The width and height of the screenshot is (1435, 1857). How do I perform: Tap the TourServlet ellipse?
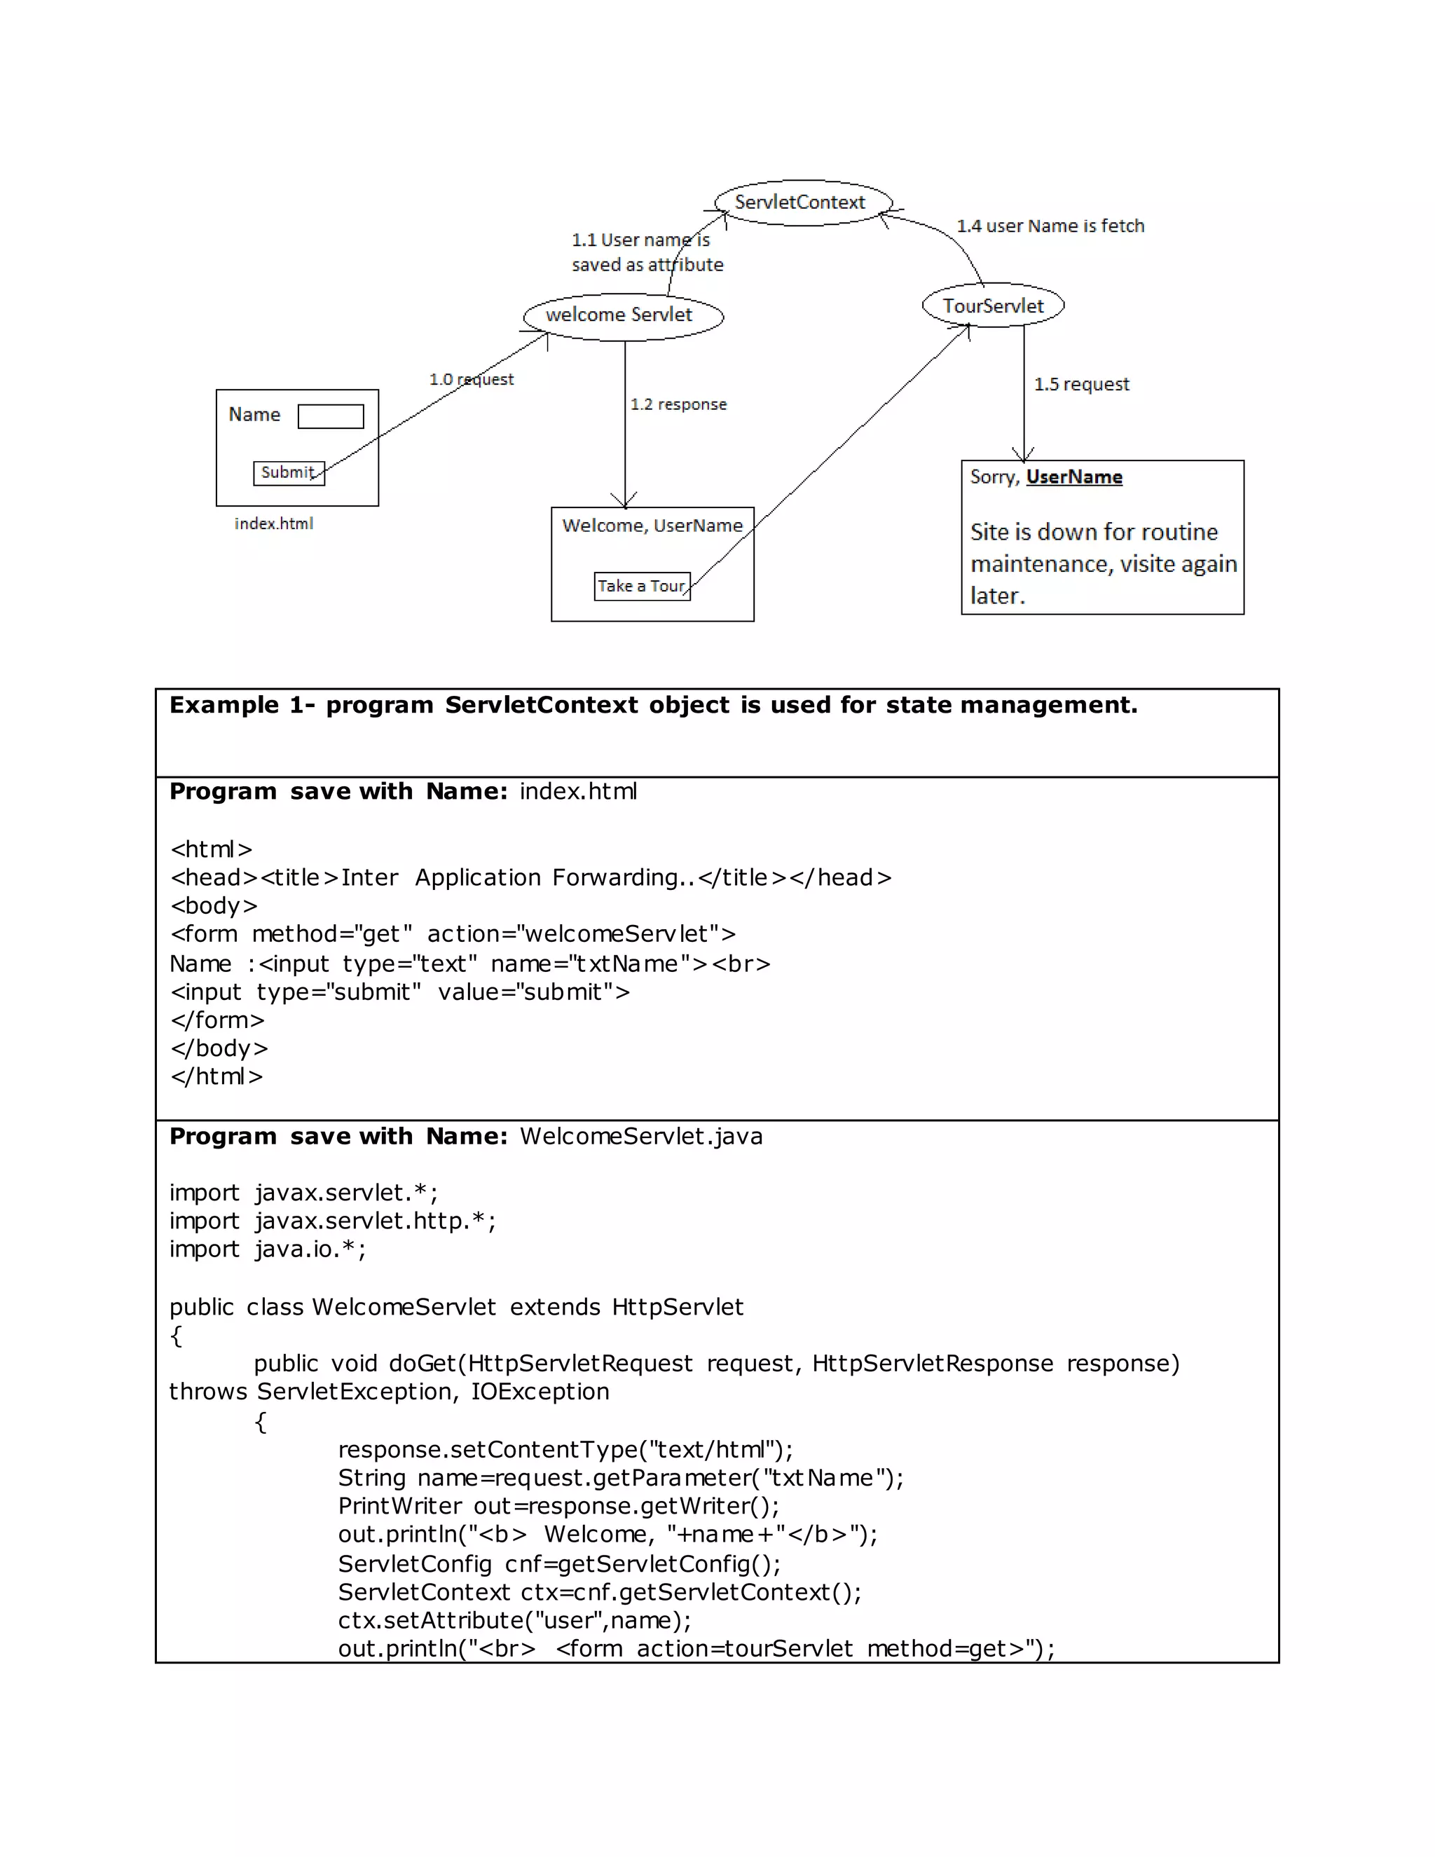coord(992,306)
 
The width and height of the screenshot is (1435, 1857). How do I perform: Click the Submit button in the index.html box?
coord(288,473)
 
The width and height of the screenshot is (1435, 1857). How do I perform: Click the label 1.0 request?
coord(471,379)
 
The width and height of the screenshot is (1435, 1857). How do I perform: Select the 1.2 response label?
coord(678,405)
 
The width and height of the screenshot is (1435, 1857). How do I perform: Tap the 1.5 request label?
coord(1080,384)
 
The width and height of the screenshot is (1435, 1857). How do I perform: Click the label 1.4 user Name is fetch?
coord(1050,226)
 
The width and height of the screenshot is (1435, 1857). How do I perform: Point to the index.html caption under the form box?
coord(274,523)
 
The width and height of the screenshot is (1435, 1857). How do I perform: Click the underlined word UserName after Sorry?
coord(1073,477)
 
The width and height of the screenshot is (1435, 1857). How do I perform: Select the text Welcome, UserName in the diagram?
coord(652,526)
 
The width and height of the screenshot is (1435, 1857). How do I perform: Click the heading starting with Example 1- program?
coord(652,705)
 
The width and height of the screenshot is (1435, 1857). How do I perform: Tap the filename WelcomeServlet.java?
coord(641,1136)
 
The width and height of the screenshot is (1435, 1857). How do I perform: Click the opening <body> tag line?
coord(214,905)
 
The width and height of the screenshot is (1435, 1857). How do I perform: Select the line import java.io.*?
coord(267,1249)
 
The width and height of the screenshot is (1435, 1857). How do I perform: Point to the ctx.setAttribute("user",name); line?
coord(514,1619)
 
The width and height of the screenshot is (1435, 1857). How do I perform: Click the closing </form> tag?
coord(217,1020)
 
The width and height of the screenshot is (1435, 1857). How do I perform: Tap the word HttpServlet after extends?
coord(678,1307)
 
